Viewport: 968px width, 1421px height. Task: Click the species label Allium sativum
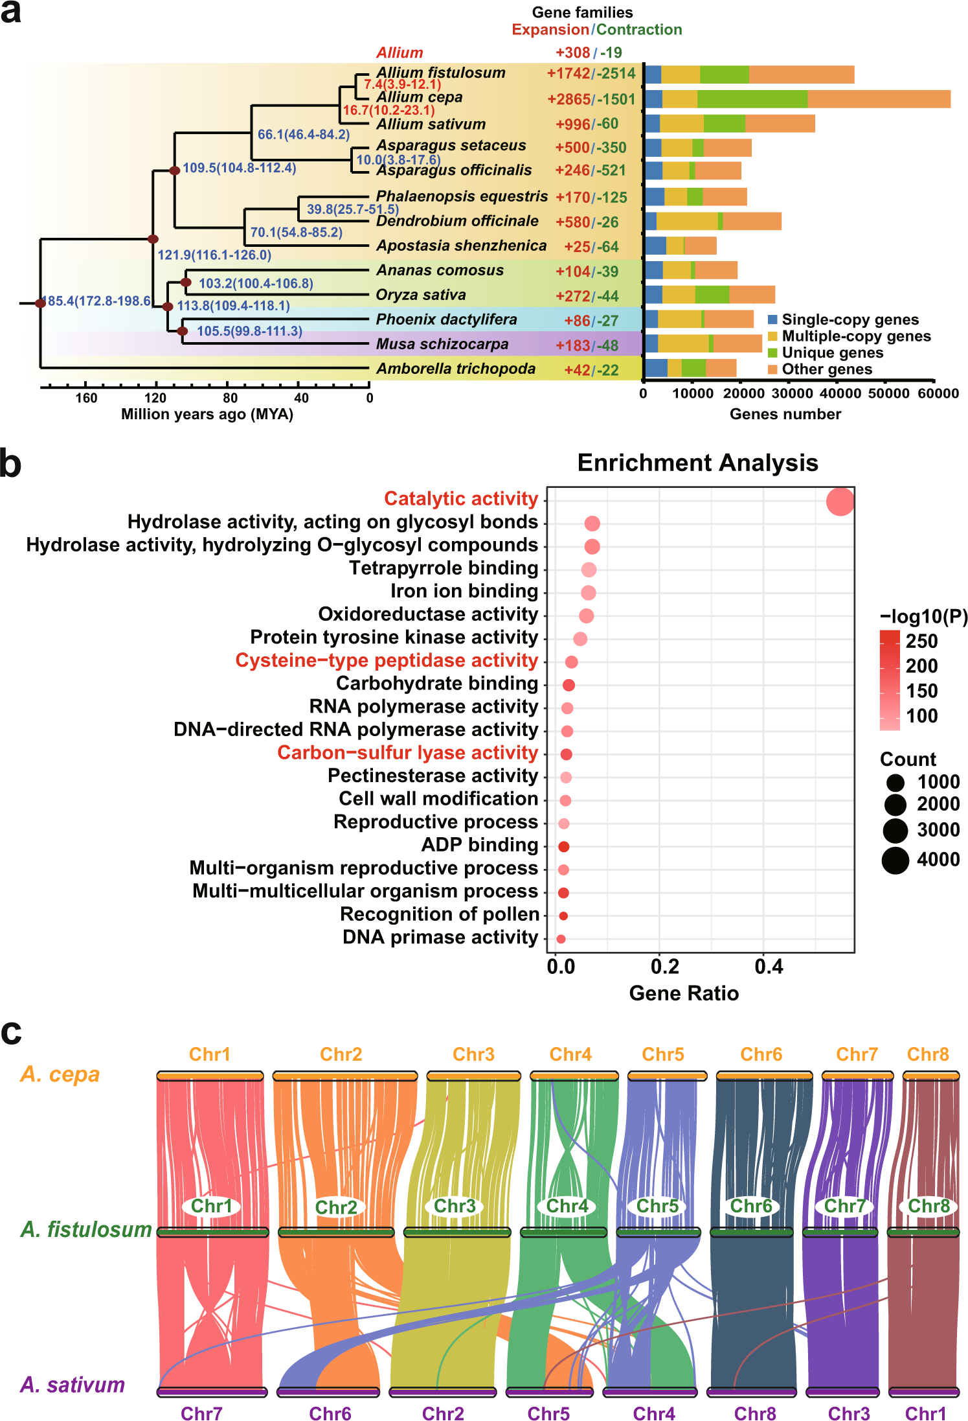tap(431, 124)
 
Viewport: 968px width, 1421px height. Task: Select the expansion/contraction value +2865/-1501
tap(591, 99)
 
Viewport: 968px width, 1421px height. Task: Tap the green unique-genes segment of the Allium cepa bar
tap(752, 99)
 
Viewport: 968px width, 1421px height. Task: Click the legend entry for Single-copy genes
tap(849, 319)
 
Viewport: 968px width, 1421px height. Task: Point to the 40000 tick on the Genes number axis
tap(840, 393)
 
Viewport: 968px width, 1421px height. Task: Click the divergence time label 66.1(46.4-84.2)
tap(303, 134)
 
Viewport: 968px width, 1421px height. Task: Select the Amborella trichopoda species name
tap(456, 369)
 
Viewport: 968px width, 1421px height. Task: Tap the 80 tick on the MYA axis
tap(230, 398)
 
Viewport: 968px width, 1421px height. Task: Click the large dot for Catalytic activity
tap(840, 502)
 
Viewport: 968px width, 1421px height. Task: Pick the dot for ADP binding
tap(563, 846)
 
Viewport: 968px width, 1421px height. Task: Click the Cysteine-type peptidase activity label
tap(387, 660)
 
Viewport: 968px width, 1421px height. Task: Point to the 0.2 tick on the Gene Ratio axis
tap(664, 967)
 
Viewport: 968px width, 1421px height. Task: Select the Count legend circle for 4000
tap(895, 860)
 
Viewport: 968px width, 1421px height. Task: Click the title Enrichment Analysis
tap(697, 463)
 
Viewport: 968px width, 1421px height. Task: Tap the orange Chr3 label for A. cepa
tap(473, 1054)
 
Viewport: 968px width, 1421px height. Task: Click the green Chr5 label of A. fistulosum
tap(657, 1206)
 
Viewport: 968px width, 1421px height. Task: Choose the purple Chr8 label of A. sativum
tap(754, 1413)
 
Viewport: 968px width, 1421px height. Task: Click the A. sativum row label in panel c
tap(73, 1385)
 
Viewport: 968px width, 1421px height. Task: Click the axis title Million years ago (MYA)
tap(207, 414)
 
